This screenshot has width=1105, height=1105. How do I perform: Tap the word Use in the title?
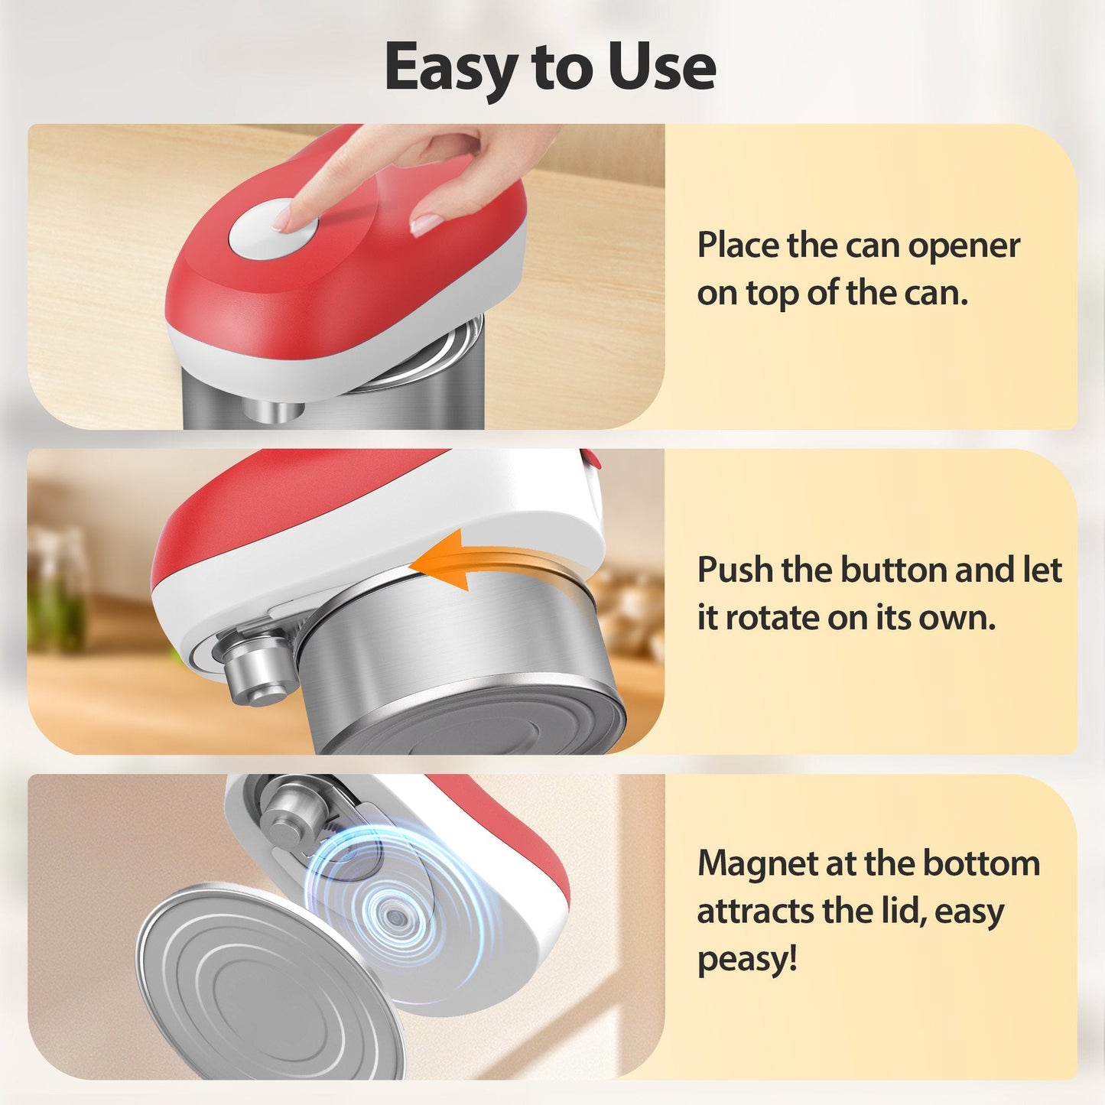pos(662,67)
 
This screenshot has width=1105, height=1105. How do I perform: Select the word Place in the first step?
pos(738,246)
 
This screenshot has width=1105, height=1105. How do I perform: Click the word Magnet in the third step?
pos(757,864)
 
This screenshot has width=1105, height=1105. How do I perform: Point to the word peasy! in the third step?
pos(747,959)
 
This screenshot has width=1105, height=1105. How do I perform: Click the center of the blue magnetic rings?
pos(393,915)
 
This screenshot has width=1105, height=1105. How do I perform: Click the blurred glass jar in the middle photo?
pos(58,589)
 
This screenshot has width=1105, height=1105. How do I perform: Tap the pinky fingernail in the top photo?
pos(425,223)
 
